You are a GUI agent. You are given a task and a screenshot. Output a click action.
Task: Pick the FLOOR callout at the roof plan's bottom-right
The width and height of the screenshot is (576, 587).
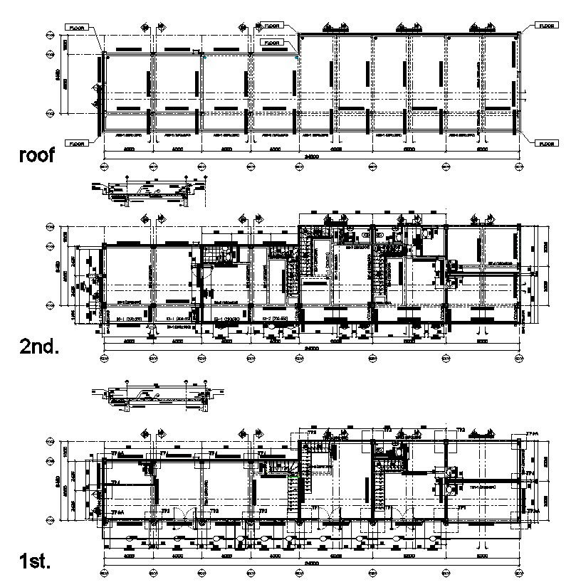[546, 143]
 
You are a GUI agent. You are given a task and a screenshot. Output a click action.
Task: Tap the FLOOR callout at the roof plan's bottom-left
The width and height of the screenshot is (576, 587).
[76, 143]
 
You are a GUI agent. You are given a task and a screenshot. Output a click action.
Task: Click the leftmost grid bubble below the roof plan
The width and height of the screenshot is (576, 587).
[104, 166]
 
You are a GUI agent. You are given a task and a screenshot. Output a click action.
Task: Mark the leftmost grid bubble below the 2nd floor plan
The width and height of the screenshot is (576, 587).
[104, 358]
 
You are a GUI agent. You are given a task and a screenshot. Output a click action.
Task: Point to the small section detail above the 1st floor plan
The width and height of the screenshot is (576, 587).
[153, 398]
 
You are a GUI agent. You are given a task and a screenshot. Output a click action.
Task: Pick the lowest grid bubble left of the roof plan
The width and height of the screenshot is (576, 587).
[51, 113]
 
